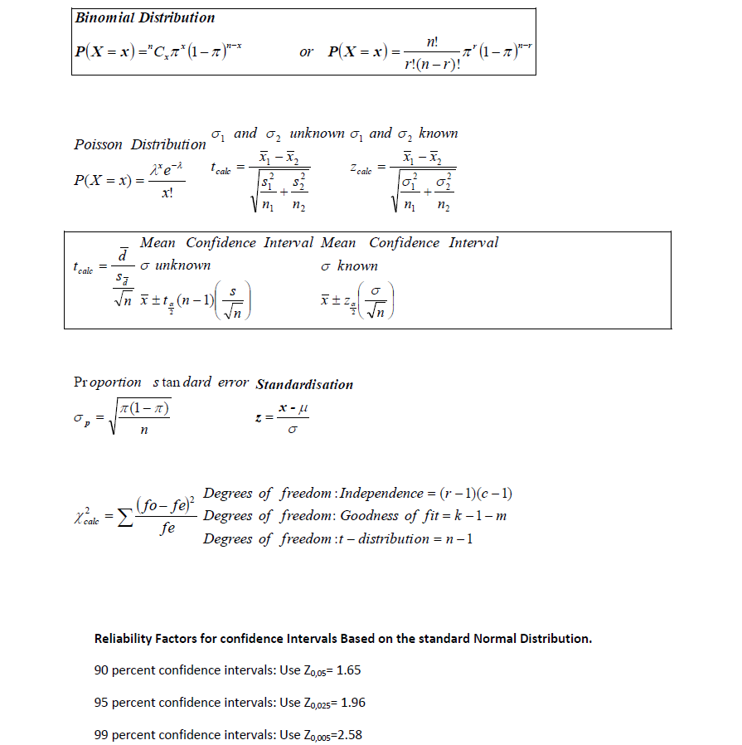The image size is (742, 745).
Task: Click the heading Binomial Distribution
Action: [144, 17]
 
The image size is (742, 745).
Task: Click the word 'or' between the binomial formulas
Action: [306, 52]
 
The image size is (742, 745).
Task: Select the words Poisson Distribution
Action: [140, 144]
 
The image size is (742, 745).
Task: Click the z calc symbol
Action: [362, 168]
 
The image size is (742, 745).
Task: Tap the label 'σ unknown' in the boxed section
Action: [175, 265]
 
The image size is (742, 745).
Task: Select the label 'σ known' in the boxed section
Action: [349, 265]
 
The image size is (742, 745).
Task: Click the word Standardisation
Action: [304, 385]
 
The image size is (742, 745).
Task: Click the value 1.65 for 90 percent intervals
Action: [348, 670]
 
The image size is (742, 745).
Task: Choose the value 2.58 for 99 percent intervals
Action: [348, 735]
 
